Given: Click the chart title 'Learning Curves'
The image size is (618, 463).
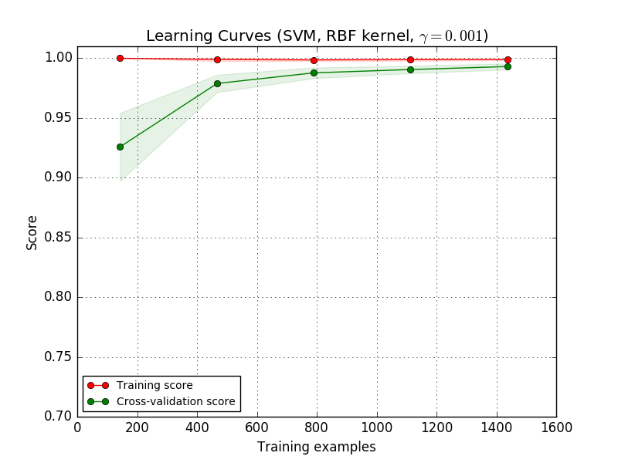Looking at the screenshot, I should pos(317,35).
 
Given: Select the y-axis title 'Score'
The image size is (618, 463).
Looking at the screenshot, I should pos(32,231).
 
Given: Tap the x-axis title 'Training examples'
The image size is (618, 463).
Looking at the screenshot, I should pos(317,447).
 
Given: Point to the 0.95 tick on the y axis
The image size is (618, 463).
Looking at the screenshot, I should pos(56,118).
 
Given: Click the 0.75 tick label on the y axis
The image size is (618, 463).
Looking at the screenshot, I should pos(56,357).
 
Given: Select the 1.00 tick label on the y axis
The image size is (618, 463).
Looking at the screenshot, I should pos(56,58).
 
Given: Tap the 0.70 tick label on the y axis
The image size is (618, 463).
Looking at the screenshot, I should pos(56,417).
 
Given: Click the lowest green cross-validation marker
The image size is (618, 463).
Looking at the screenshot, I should pos(120,147).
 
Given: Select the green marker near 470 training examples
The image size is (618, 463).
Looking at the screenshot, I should pos(217,83).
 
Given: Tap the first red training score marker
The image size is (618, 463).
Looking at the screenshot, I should pos(120,58).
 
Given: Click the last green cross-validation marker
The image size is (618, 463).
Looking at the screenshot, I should pos(508,66).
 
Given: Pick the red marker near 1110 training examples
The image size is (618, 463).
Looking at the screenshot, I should pos(410,59).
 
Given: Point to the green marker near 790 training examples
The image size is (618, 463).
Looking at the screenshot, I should pos(314,73).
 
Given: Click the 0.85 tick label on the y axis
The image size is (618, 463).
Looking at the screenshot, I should pos(56,238).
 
